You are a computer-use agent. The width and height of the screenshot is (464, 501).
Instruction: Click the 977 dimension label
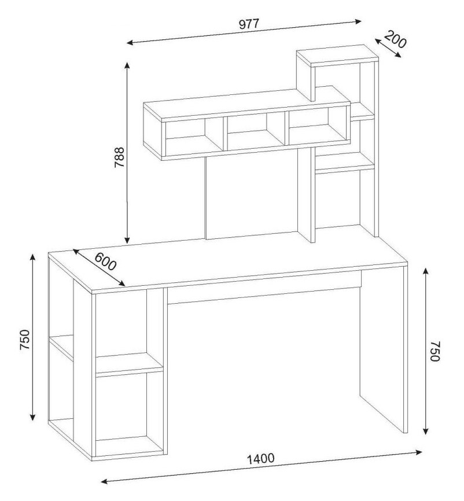(249, 24)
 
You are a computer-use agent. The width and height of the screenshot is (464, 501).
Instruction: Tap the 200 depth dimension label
(395, 39)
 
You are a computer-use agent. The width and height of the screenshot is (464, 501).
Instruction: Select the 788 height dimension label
(119, 157)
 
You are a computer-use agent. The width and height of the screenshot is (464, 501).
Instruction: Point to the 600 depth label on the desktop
(106, 261)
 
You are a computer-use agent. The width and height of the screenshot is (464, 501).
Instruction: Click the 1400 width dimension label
(261, 459)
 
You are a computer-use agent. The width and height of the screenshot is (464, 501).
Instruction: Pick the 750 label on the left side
(25, 340)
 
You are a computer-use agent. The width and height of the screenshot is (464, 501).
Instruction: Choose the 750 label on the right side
(435, 351)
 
